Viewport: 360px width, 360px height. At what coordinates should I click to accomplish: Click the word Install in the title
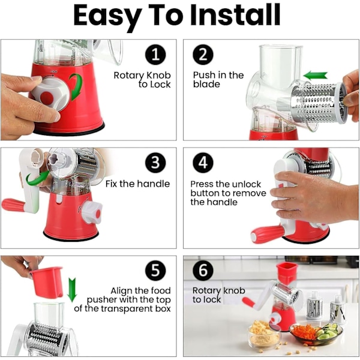coord(235,15)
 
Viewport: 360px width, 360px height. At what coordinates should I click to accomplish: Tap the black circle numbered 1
coord(155,55)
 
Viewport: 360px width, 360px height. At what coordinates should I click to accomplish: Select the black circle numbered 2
coord(203,55)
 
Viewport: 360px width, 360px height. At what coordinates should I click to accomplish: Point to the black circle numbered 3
coord(155,163)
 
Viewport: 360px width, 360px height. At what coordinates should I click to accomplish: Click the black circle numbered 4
coord(203,163)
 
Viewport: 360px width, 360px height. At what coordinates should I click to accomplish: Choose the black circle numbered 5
coord(155,270)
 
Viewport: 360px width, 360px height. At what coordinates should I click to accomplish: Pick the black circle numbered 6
coord(203,270)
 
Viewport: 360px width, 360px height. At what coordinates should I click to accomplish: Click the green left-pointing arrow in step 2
coord(315,76)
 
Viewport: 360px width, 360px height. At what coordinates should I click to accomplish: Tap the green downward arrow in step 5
coord(72,290)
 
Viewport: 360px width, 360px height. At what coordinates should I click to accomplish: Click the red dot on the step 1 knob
coord(47,98)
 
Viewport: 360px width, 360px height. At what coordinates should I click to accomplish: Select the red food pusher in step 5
coord(47,282)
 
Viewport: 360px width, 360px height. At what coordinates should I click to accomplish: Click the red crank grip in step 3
coord(13,205)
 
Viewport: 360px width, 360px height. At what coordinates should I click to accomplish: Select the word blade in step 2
coord(206,84)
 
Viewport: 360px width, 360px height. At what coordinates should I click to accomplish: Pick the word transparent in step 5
coord(127,308)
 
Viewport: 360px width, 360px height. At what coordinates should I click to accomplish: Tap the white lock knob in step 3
coord(91,212)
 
